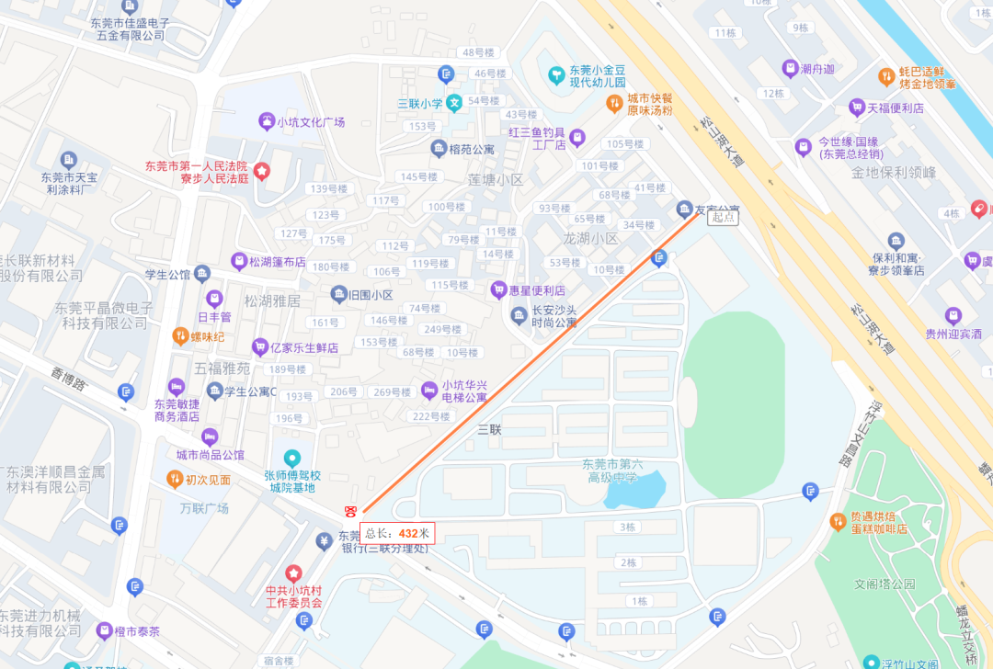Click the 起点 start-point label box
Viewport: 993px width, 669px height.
click(723, 217)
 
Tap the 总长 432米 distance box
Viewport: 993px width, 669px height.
click(397, 533)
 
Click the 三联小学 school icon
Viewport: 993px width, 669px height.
click(454, 104)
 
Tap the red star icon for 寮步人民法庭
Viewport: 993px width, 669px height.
click(262, 171)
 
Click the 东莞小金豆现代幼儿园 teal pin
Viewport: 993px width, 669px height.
click(555, 74)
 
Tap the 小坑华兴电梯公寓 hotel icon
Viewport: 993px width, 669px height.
click(428, 390)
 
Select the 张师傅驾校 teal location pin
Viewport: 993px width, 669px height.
click(292, 458)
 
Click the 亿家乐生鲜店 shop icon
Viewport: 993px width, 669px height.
click(259, 347)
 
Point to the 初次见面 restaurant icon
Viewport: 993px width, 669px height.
click(174, 479)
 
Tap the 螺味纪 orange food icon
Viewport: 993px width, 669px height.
click(180, 336)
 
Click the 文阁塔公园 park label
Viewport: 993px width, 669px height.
click(885, 584)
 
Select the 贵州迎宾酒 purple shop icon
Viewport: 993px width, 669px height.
click(953, 315)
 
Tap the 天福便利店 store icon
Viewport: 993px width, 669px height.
click(857, 108)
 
